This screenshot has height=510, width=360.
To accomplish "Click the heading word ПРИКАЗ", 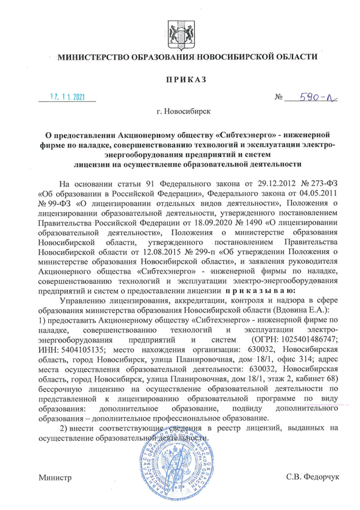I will click(180, 79).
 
